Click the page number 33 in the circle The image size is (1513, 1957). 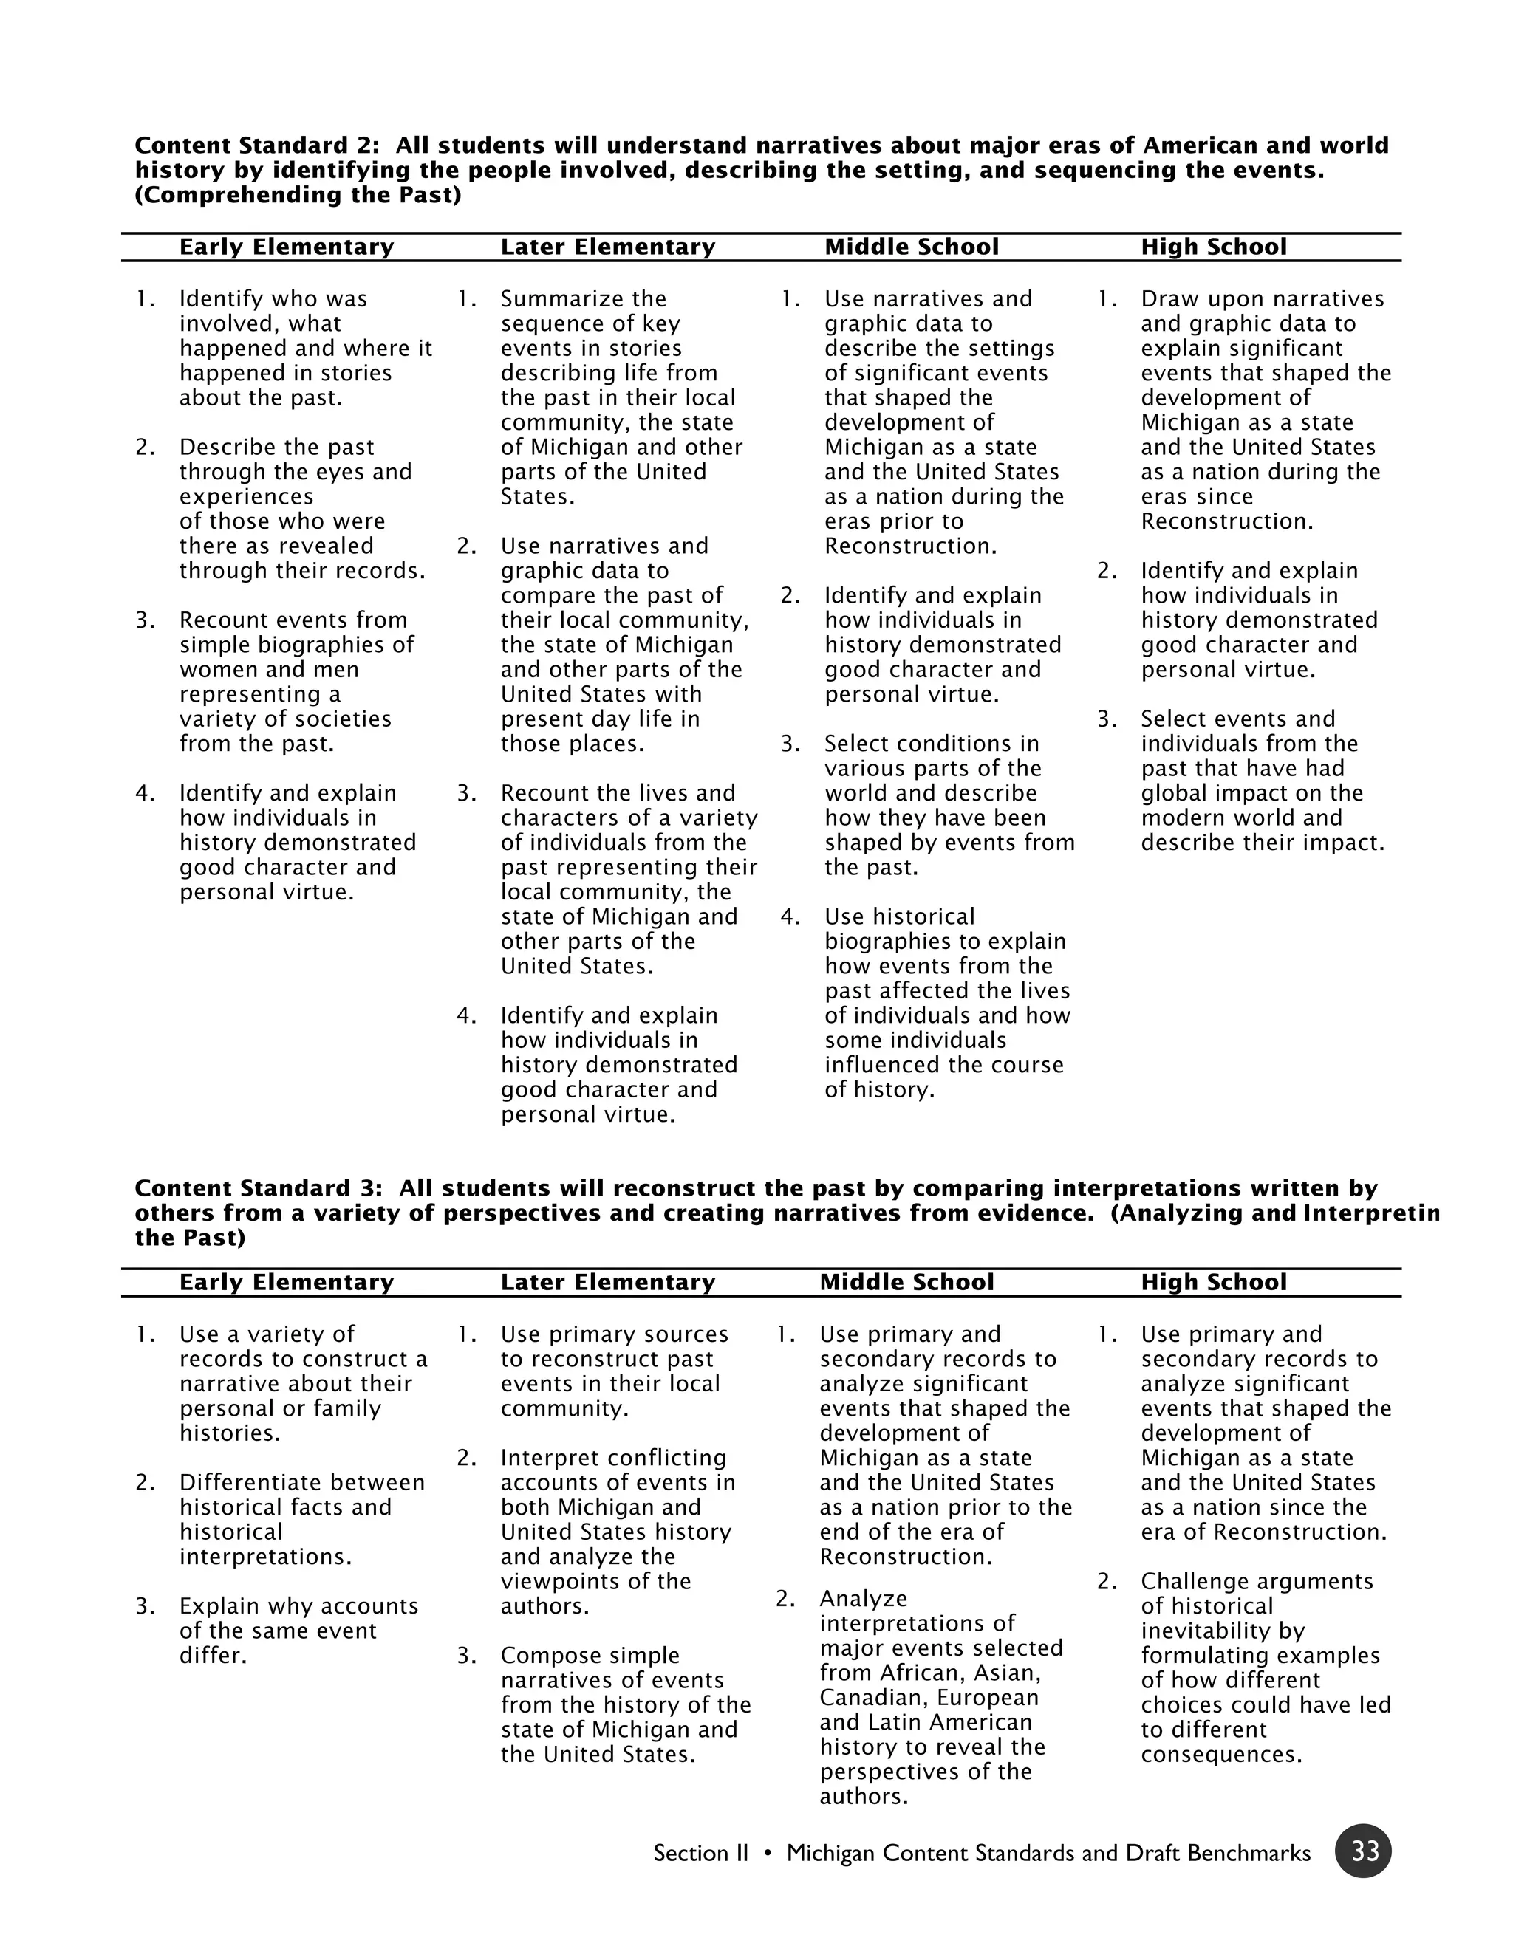coord(1363,1851)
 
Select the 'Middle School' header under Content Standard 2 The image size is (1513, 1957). coord(911,247)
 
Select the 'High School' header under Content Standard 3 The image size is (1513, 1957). coord(1213,1282)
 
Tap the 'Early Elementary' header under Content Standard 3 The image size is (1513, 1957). coord(286,1282)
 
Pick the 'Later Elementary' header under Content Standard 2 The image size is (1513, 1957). coord(608,247)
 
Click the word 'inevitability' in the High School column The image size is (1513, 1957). coord(1223,1631)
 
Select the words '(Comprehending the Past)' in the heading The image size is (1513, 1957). coord(298,196)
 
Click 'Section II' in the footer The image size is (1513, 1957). coord(700,1853)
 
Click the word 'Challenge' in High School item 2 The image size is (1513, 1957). coord(1190,1582)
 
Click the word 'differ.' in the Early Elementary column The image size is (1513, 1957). coord(213,1656)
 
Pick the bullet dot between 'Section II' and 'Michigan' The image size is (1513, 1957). coord(768,1853)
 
